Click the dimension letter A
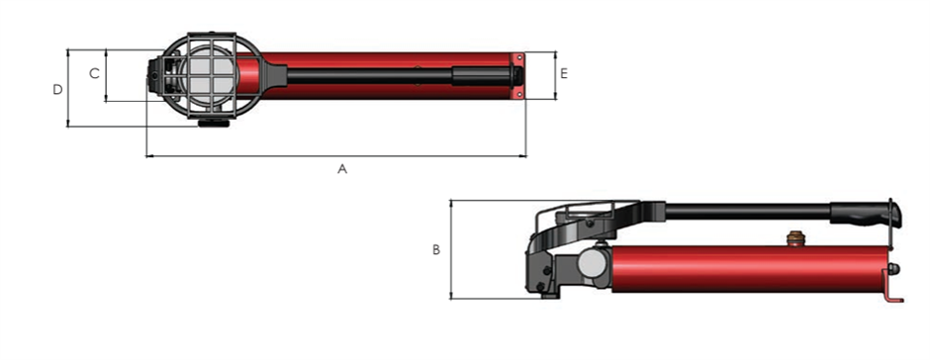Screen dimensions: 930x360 [342, 169]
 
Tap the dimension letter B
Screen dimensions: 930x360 [436, 249]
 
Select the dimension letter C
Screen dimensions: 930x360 [94, 73]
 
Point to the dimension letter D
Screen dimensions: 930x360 [57, 90]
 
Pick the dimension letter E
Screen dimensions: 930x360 [564, 73]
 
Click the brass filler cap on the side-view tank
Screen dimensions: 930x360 [793, 239]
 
